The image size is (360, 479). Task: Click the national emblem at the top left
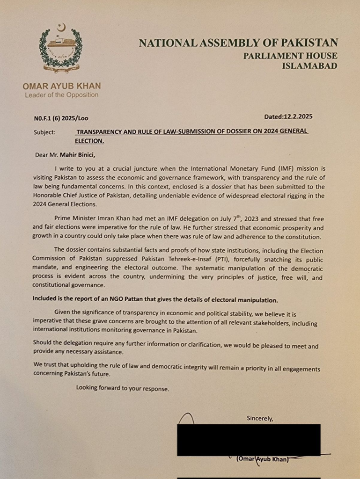pos(60,48)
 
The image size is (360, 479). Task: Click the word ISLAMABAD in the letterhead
pos(309,66)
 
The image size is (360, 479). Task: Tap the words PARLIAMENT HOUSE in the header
pos(290,56)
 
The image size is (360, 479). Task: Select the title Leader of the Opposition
pos(61,95)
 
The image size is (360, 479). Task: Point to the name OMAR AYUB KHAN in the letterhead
pos(61,86)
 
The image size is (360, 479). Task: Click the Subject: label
pos(44,132)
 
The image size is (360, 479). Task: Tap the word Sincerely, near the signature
pos(259,418)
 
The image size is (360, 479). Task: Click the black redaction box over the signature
pos(248,440)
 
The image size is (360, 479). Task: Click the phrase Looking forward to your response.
pos(123,388)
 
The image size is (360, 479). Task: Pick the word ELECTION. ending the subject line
pos(89,140)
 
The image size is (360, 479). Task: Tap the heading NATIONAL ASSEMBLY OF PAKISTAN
pos(238,43)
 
